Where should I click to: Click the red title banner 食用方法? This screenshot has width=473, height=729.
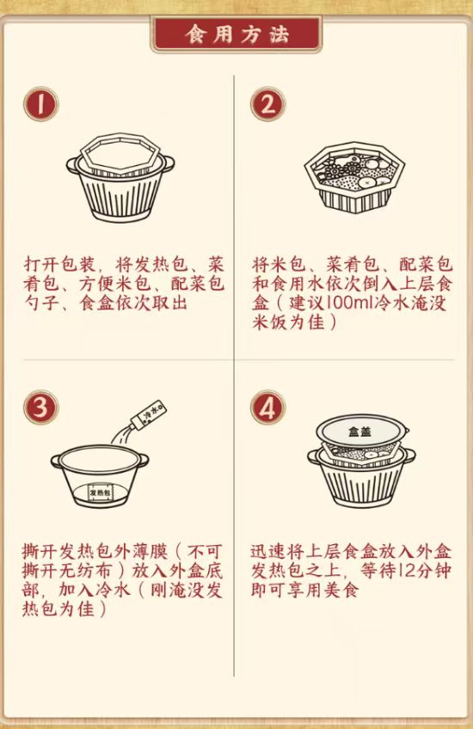click(236, 34)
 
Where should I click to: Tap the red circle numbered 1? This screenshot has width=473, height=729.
click(41, 104)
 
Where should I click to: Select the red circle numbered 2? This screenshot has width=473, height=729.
click(267, 104)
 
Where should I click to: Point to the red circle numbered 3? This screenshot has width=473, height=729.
click(41, 407)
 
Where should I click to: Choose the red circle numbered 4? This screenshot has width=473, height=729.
click(267, 407)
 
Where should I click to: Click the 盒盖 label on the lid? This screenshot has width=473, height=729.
click(360, 432)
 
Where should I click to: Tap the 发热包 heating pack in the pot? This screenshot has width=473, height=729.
click(100, 493)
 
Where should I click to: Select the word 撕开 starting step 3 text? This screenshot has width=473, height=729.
click(40, 551)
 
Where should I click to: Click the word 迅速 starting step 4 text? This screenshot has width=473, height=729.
click(269, 551)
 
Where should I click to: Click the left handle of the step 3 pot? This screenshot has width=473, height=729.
click(56, 461)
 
